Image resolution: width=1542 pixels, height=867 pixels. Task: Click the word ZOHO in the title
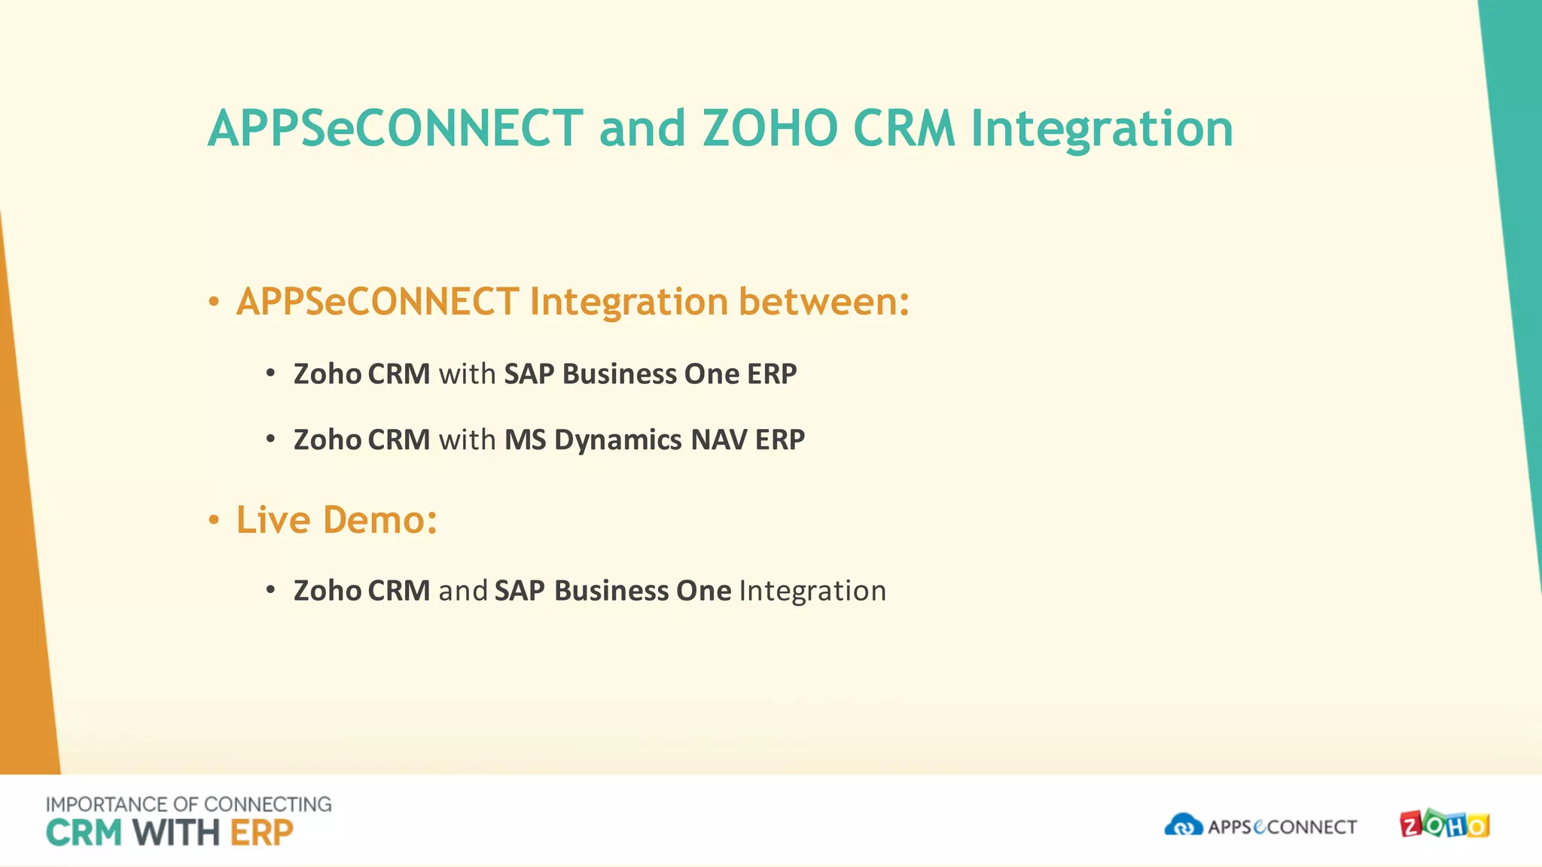click(x=769, y=128)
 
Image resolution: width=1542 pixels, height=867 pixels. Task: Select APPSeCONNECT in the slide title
click(x=395, y=128)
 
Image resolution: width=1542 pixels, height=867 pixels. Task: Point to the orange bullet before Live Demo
click(x=214, y=521)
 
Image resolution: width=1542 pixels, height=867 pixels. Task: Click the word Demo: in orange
click(x=380, y=520)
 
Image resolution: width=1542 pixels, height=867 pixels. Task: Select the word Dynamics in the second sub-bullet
click(x=618, y=440)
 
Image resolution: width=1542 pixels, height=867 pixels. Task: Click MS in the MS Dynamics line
click(x=525, y=440)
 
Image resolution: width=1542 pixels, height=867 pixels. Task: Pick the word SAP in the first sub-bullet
click(x=529, y=374)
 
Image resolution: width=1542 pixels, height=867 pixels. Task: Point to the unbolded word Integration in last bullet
click(x=812, y=591)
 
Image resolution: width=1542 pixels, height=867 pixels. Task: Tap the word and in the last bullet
click(x=463, y=591)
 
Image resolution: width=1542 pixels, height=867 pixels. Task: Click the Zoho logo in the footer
click(x=1444, y=825)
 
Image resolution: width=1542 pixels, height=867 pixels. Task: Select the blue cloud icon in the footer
click(x=1183, y=825)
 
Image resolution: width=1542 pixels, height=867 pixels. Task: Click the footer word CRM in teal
click(x=84, y=833)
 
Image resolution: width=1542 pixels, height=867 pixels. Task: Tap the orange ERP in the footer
click(x=261, y=833)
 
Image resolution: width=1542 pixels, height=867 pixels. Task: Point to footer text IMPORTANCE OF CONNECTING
click(x=188, y=805)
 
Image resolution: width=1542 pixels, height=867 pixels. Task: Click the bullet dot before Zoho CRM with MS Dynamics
click(x=270, y=440)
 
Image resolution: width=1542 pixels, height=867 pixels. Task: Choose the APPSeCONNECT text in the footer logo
click(x=1281, y=827)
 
